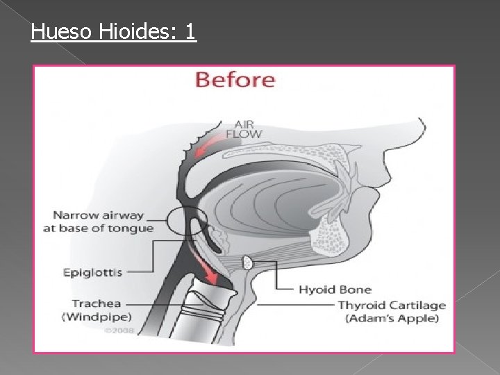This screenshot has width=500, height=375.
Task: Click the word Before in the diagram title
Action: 235,79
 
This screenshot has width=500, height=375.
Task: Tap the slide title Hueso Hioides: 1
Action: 114,31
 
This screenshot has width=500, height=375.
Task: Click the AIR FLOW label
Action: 243,128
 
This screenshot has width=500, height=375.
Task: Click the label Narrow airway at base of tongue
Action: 98,222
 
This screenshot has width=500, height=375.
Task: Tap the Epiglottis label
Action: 92,272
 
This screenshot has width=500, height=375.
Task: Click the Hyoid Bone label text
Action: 335,290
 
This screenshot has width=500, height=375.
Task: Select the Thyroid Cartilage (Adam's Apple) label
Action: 392,312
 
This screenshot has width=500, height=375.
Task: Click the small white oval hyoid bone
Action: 247,263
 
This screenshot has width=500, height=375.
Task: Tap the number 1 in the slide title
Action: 191,31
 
